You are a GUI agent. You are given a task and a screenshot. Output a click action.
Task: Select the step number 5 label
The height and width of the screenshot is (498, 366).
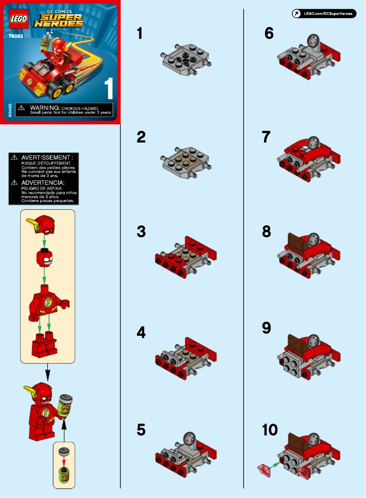click(x=141, y=430)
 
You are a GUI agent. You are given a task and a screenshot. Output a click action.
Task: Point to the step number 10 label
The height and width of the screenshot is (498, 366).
click(x=270, y=430)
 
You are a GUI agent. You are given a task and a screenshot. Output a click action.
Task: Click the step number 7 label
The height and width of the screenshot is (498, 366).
click(x=267, y=137)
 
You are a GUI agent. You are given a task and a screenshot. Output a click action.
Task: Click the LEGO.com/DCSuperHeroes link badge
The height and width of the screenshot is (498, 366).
click(x=324, y=14)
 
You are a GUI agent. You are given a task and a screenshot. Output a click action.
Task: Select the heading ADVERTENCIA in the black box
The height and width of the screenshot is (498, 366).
click(x=44, y=182)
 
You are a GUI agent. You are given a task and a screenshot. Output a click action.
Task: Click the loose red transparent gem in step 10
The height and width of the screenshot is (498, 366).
click(x=265, y=469)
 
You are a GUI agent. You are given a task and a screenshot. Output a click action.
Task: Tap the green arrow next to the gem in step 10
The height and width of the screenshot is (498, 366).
click(x=276, y=464)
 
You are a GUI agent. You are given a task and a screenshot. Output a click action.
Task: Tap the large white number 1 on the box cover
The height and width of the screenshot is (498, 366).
click(x=109, y=89)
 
